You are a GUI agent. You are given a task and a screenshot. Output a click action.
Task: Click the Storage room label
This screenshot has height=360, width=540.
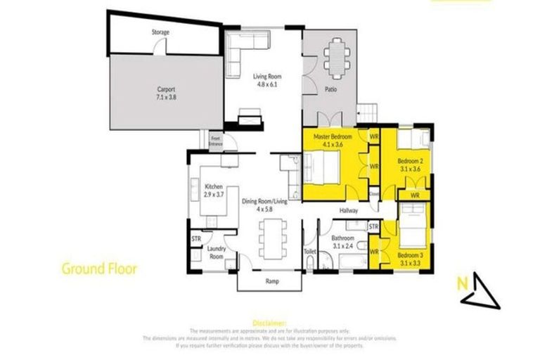(160, 32)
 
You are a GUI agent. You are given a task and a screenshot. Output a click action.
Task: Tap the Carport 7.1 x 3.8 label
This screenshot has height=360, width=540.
(166, 93)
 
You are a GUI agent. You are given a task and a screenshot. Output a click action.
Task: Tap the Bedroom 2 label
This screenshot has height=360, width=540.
(409, 165)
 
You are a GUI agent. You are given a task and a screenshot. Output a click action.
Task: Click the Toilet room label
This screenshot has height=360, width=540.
(310, 250)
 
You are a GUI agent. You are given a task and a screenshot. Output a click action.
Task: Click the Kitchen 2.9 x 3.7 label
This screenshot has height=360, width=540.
(213, 190)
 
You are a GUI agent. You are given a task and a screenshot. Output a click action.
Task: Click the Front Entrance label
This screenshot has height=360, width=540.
(216, 141)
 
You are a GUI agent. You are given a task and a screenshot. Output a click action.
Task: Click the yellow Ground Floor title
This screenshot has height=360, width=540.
(98, 268)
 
